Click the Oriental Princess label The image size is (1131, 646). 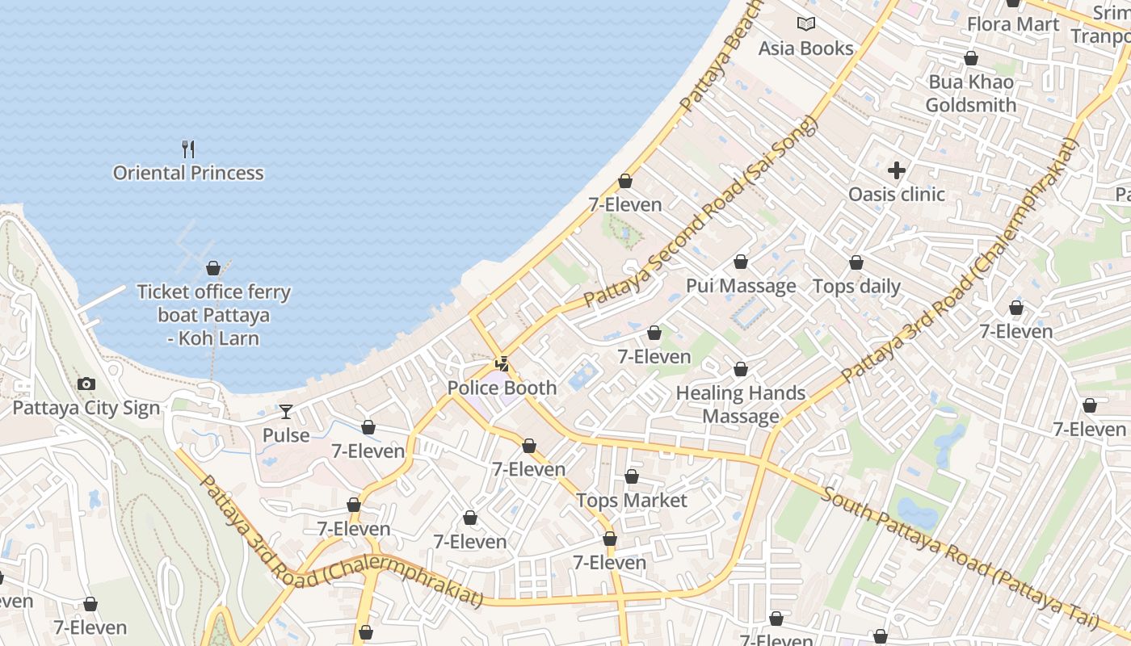[x=188, y=173]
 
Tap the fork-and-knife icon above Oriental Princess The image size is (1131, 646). [x=188, y=149]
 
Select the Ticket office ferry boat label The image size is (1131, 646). [x=213, y=315]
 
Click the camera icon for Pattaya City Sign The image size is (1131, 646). [x=86, y=384]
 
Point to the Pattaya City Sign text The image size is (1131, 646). [x=86, y=408]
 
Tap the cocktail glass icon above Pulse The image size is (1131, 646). [x=286, y=412]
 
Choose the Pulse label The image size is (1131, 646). [x=286, y=435]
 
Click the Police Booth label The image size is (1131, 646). [x=502, y=388]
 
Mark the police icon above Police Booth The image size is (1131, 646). [x=502, y=364]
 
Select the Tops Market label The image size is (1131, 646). [x=632, y=501]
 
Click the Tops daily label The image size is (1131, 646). [x=856, y=286]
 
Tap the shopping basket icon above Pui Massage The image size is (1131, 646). [x=741, y=262]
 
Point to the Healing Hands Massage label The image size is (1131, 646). [x=741, y=405]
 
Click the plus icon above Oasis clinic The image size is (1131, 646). [x=896, y=170]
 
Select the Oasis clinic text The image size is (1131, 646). [x=896, y=194]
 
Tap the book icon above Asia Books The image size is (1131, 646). [x=805, y=24]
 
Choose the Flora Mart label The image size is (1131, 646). [x=1013, y=24]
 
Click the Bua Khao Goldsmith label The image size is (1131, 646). [x=971, y=93]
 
